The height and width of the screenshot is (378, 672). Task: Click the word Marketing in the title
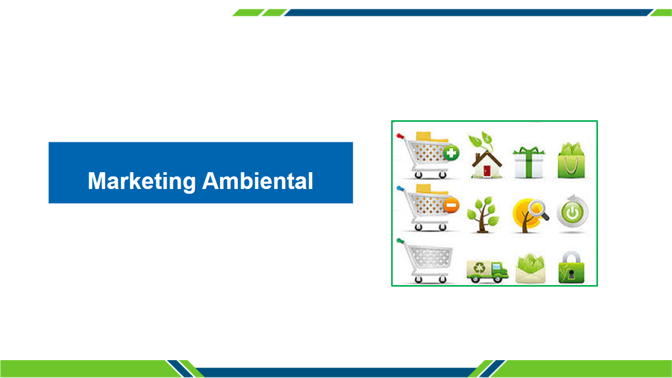[142, 182]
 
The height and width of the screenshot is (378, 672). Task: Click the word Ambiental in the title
[258, 181]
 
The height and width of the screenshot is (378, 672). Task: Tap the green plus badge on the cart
[451, 153]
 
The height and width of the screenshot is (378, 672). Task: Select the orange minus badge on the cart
[451, 205]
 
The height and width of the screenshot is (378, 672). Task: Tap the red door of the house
[487, 171]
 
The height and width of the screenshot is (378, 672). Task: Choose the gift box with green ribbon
[529, 162]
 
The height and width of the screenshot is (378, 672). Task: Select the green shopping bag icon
[571, 161]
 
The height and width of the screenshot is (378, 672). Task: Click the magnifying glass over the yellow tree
[539, 209]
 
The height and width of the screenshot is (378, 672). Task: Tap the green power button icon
[572, 212]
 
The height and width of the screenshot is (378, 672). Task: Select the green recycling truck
[487, 271]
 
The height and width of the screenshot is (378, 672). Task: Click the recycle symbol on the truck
[479, 267]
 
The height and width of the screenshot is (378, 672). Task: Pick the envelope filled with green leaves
[530, 268]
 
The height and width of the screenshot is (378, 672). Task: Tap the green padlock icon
[571, 267]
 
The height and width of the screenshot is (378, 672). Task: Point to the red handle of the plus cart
[400, 136]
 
